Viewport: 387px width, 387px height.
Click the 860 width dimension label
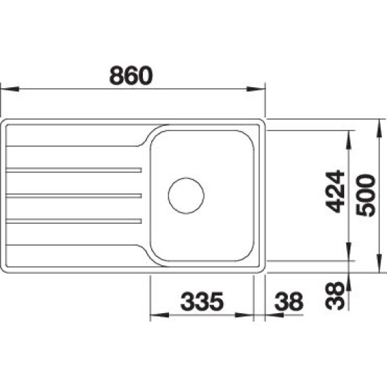(131, 75)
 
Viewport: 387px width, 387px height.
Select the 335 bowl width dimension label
(202, 301)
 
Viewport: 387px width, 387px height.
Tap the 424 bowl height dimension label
(335, 191)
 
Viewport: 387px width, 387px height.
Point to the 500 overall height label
(366, 195)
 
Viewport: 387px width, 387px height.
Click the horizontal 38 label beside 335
(288, 301)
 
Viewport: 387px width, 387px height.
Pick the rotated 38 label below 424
(335, 296)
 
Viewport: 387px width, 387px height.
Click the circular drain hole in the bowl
(186, 196)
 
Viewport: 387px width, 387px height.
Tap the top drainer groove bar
(74, 170)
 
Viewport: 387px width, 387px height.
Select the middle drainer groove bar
(74, 196)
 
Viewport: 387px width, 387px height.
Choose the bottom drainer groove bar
(74, 221)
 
